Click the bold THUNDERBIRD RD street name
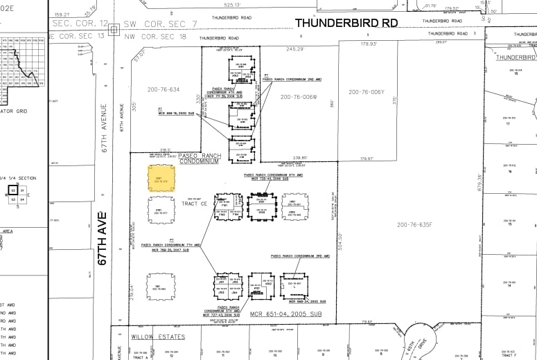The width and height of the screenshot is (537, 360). coord(346,23)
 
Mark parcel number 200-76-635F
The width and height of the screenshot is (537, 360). coord(414,224)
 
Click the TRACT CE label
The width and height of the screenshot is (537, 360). coord(195,204)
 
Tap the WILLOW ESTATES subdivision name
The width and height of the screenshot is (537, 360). coord(158,336)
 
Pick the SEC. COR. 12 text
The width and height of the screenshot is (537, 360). coord(78,23)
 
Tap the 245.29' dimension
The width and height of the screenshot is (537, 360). coord(296,49)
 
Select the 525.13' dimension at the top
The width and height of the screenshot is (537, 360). coord(233,5)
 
